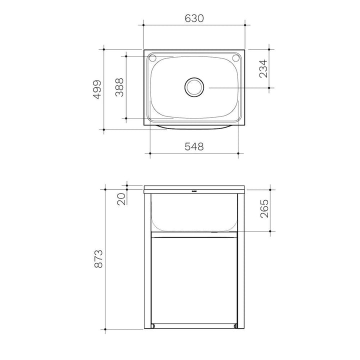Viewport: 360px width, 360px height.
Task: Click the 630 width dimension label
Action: click(x=194, y=18)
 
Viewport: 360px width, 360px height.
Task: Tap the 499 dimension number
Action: click(x=97, y=89)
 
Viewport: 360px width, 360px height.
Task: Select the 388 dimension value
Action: click(x=119, y=87)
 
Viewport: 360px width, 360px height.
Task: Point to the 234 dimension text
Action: click(x=263, y=68)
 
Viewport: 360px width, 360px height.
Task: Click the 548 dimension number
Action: click(x=194, y=146)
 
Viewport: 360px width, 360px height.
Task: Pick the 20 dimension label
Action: click(x=121, y=199)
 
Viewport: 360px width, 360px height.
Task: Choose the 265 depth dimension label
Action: click(x=264, y=208)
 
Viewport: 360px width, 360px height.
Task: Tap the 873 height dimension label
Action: click(x=98, y=259)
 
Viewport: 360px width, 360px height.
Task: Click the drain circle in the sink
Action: click(x=194, y=87)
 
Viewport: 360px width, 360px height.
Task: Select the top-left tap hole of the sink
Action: click(x=152, y=58)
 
